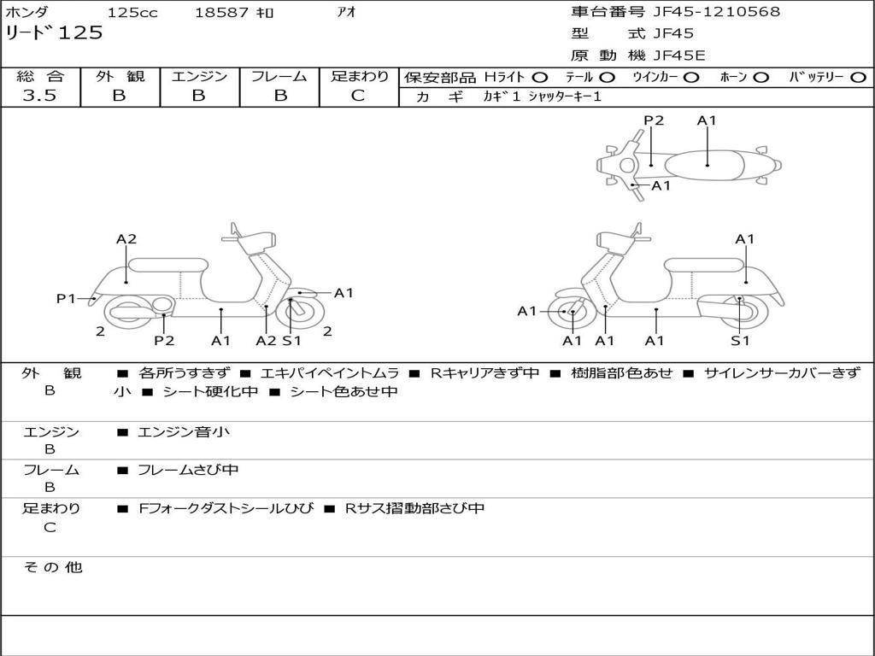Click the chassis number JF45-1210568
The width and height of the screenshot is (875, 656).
(x=716, y=12)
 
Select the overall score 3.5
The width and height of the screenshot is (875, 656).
(x=39, y=96)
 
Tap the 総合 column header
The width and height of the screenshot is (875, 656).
(x=40, y=77)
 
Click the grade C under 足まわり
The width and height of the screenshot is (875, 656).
(x=358, y=96)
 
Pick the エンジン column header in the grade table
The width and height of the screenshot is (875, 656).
(x=199, y=77)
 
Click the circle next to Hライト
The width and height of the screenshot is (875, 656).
(x=540, y=78)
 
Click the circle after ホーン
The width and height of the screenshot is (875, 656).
(x=760, y=78)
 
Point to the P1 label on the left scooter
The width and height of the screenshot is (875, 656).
(x=67, y=298)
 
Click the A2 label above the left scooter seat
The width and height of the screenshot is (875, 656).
(x=126, y=239)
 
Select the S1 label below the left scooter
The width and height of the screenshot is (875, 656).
(x=291, y=341)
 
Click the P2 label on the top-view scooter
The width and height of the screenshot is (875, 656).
(x=654, y=120)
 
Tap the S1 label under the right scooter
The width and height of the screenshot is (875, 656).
(x=740, y=341)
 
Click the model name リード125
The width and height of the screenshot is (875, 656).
(x=54, y=33)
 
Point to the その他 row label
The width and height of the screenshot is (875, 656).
(x=52, y=567)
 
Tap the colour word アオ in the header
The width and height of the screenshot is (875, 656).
(x=347, y=13)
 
